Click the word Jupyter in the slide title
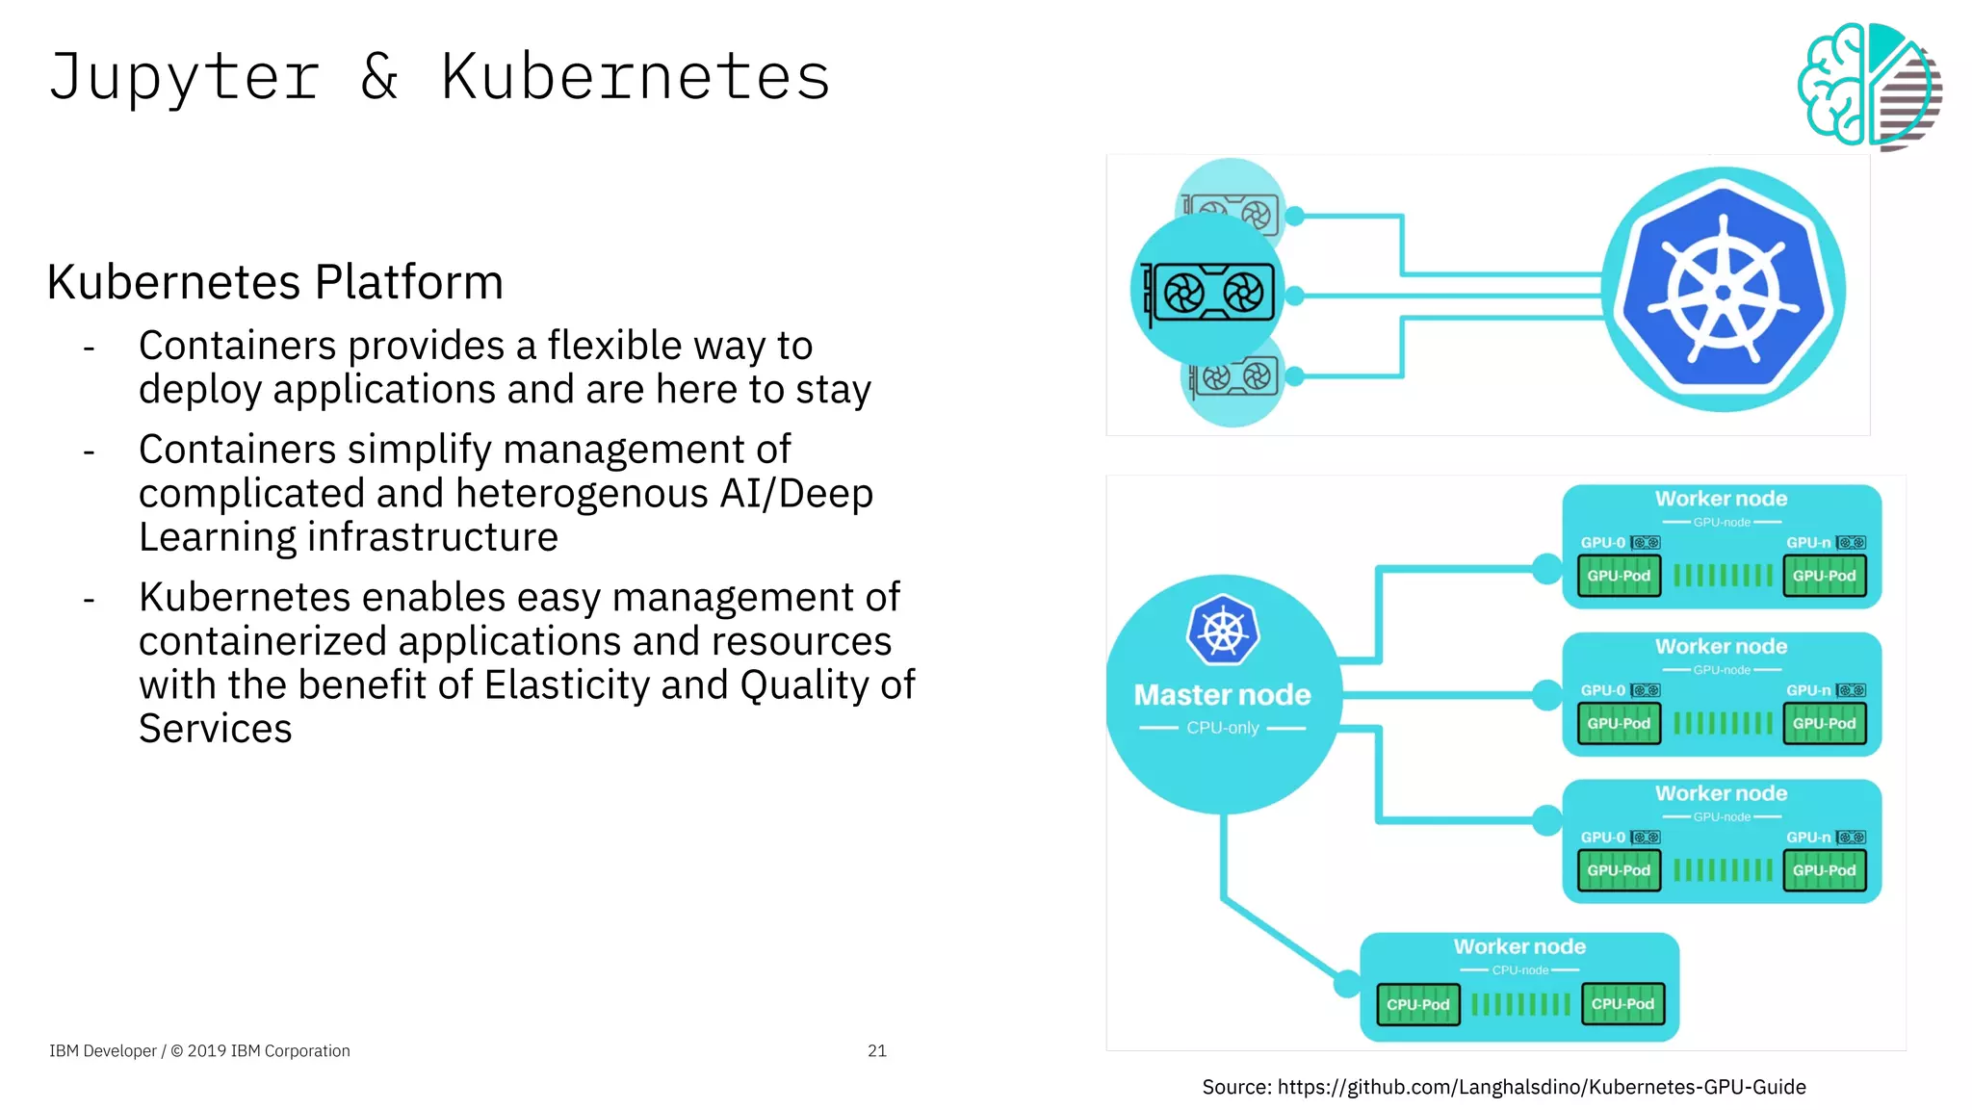point(183,77)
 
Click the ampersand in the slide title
point(379,77)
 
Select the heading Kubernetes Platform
point(275,282)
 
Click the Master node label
point(1222,695)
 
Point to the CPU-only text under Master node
point(1222,728)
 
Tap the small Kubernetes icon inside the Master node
point(1223,631)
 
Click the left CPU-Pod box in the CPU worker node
point(1417,1004)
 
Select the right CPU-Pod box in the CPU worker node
point(1622,1003)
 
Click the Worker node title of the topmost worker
point(1721,499)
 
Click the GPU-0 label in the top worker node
point(1602,543)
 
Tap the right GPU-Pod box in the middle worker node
point(1824,723)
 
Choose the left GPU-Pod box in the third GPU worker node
point(1619,870)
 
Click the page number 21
point(876,1050)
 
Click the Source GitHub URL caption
point(1503,1087)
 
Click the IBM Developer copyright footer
point(199,1050)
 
